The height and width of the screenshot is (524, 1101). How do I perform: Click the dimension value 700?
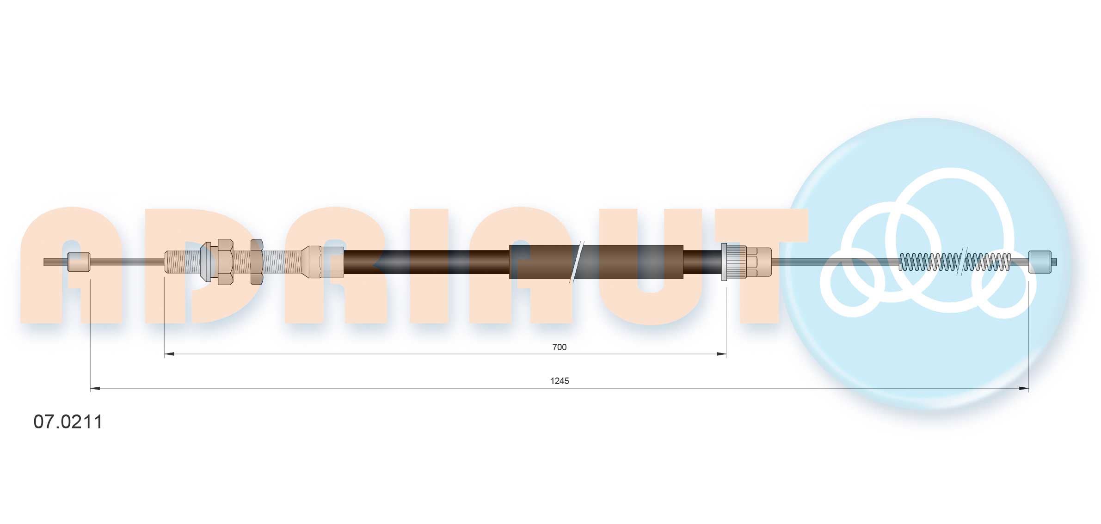tap(559, 347)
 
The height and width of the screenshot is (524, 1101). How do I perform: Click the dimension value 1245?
tap(559, 381)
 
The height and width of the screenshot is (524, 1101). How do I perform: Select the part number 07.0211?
tap(68, 422)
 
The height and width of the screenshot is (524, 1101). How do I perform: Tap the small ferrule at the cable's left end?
tap(79, 262)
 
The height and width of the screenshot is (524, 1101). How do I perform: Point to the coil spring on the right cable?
tap(954, 262)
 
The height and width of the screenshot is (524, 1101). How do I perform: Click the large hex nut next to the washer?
tap(225, 262)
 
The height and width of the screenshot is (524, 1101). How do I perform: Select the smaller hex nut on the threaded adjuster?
tap(257, 262)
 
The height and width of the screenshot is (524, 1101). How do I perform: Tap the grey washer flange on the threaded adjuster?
tap(206, 262)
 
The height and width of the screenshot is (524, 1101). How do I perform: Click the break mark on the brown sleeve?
tap(577, 262)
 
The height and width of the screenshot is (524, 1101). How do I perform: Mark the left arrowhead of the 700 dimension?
tap(169, 354)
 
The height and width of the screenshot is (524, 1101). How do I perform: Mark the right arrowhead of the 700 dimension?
tap(721, 354)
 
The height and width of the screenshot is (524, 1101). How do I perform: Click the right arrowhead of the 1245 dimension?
tap(1024, 389)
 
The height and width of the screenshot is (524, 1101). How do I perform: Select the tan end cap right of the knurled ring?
tap(759, 262)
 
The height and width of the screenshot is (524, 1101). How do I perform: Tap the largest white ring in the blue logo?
tap(950, 240)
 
